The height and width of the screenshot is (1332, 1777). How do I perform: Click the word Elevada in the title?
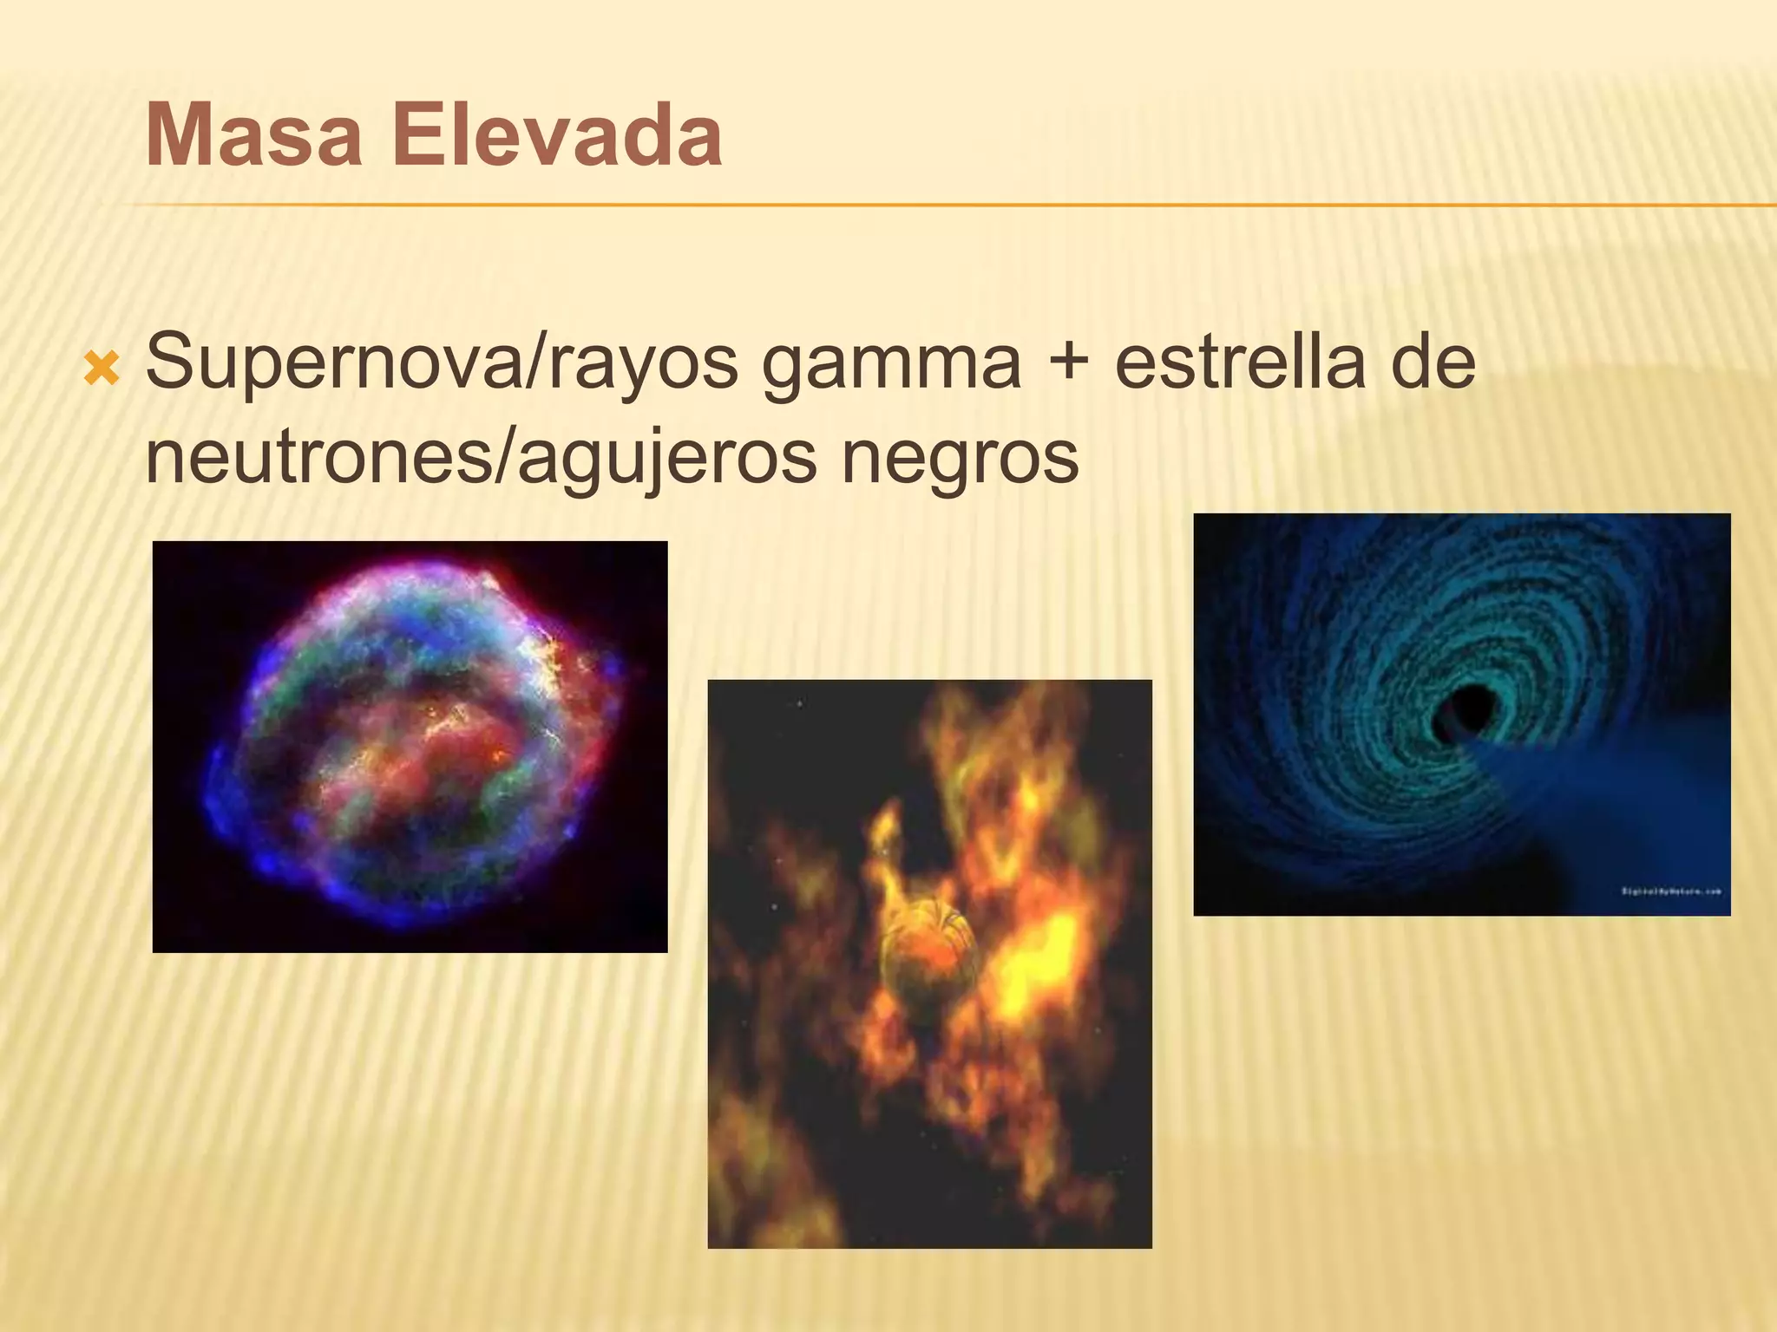click(556, 136)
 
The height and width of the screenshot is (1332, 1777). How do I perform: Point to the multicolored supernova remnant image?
click(410, 747)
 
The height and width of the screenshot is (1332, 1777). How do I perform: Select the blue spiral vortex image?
click(1461, 715)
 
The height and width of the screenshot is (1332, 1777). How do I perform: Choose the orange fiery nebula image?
click(929, 963)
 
